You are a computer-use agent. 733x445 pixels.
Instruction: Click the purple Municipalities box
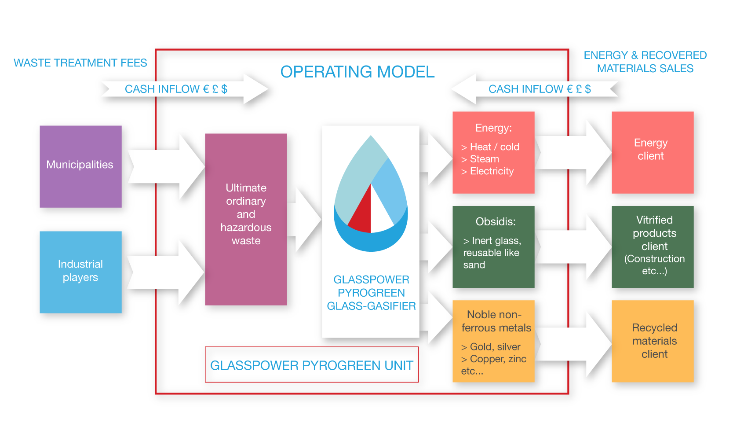click(80, 166)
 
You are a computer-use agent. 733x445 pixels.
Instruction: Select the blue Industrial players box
click(80, 272)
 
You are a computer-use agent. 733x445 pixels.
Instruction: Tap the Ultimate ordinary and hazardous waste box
click(246, 219)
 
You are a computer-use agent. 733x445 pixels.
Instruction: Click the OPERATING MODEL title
click(357, 72)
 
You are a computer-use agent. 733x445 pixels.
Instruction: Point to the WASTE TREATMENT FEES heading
click(80, 63)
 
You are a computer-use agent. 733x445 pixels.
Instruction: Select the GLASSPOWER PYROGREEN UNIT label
click(311, 365)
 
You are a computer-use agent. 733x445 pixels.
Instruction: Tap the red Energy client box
click(652, 152)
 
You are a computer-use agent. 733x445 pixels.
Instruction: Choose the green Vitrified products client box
click(652, 246)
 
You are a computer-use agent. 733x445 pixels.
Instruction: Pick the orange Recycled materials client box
click(652, 341)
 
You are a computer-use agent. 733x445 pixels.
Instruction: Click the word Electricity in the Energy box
click(492, 171)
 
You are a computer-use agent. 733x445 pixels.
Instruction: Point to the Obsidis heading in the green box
click(495, 221)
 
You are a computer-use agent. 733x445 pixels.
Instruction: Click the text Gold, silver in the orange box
click(495, 347)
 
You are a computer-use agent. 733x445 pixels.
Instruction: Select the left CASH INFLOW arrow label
click(176, 89)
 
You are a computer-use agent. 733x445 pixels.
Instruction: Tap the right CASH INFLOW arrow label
click(540, 89)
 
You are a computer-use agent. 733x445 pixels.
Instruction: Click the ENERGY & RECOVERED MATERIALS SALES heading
click(645, 62)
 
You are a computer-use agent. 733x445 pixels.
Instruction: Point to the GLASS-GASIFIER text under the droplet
click(371, 306)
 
